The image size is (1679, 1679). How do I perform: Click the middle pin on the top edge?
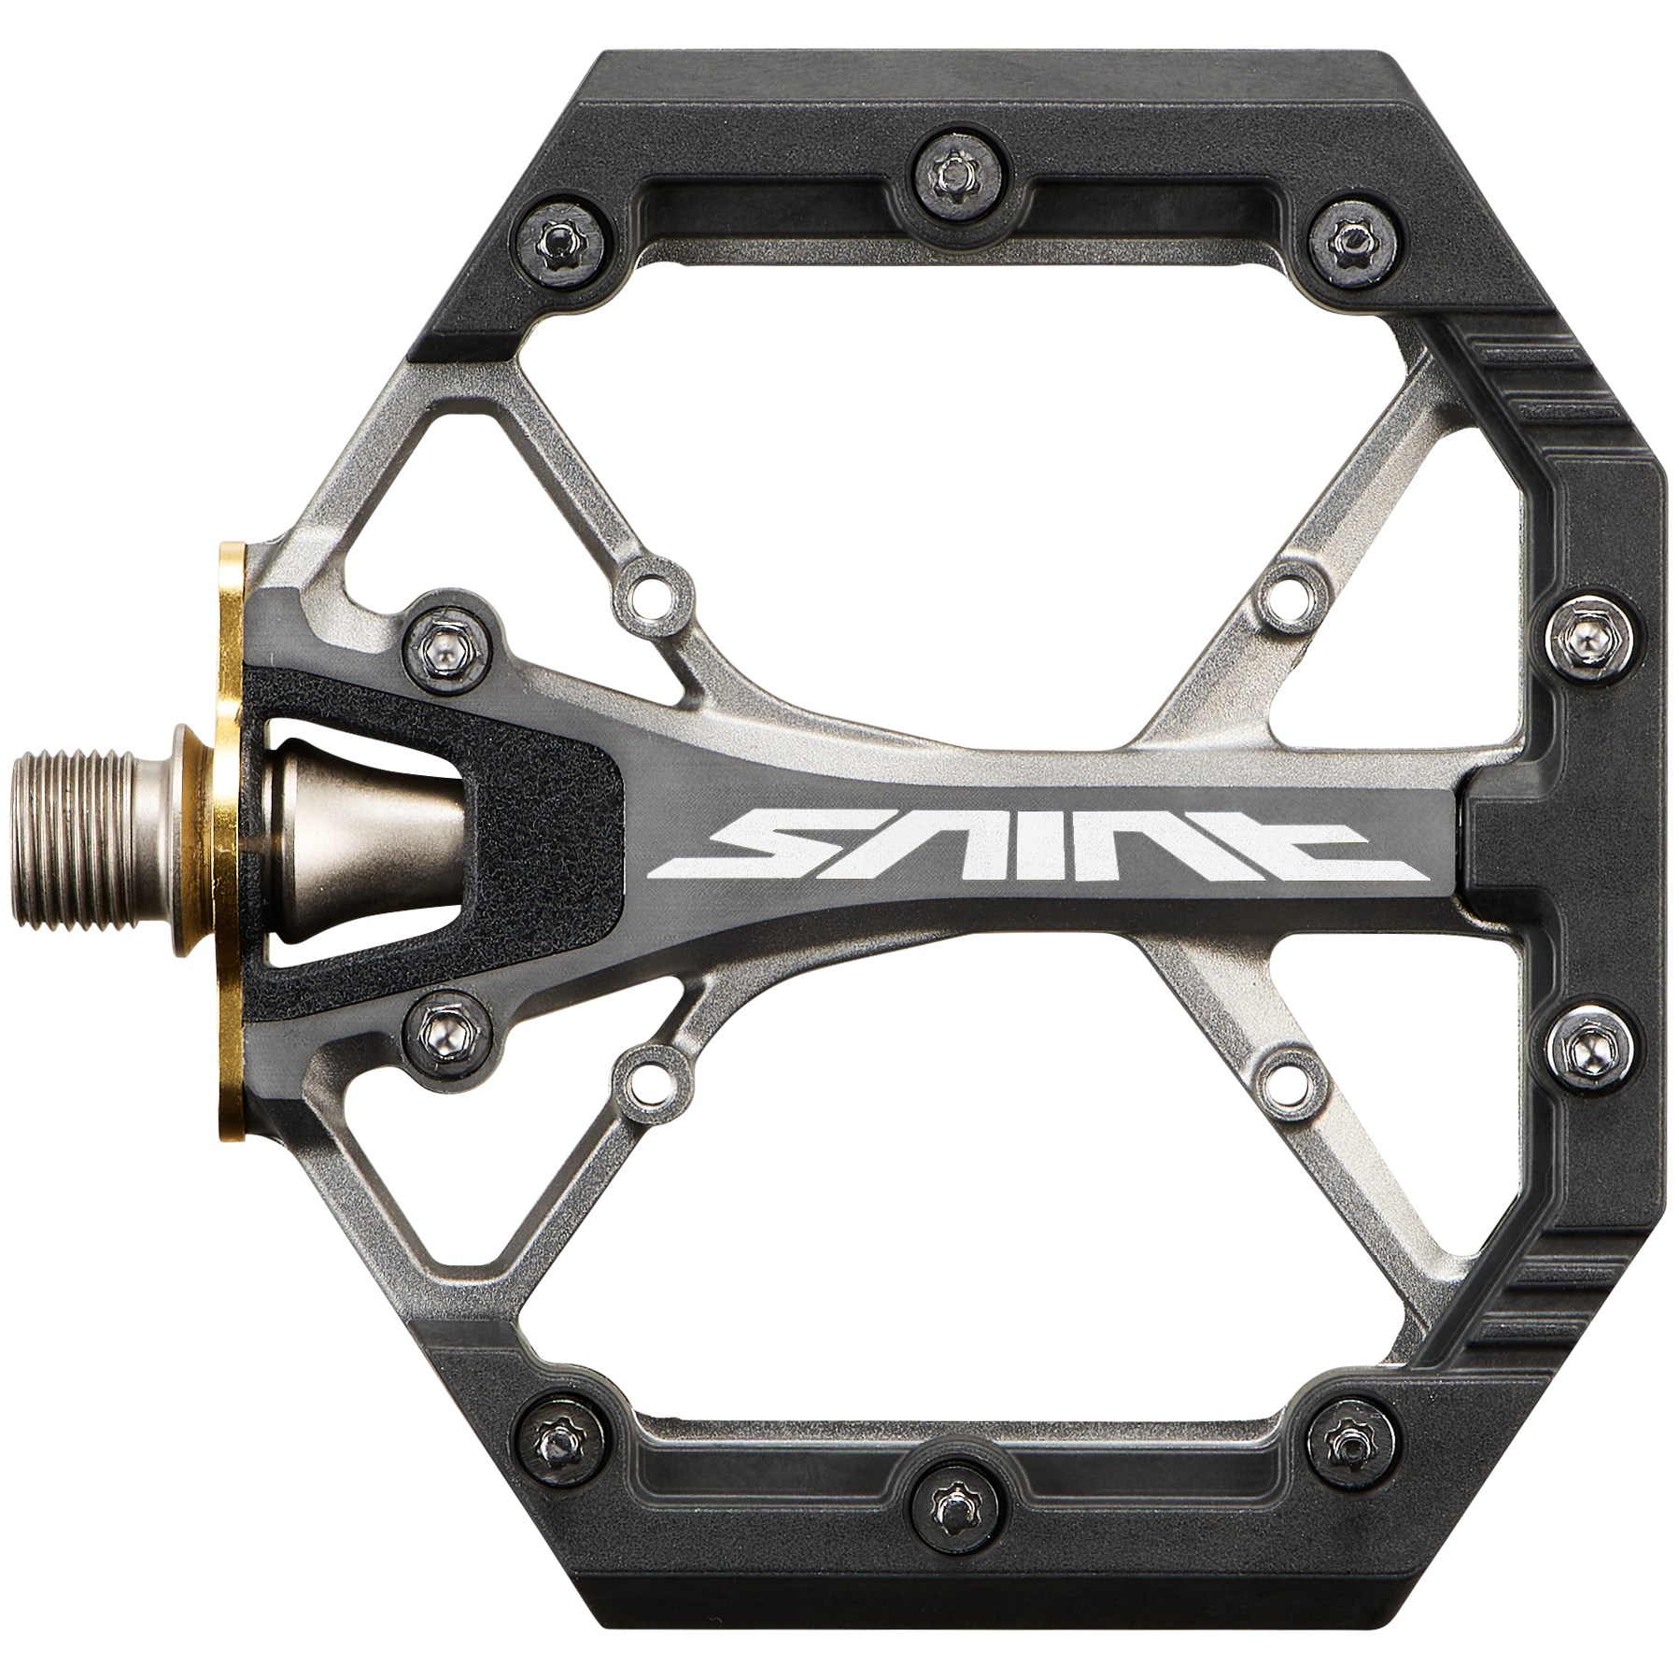coord(952,171)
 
